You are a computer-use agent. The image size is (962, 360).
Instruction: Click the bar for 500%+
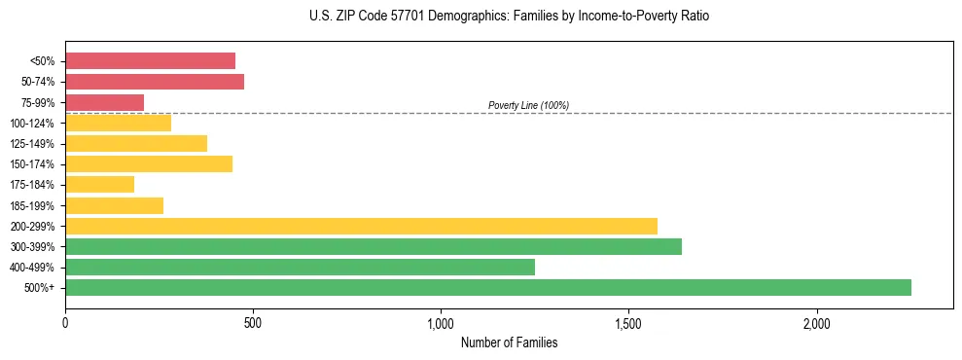click(x=488, y=287)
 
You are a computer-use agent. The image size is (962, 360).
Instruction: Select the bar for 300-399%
click(x=374, y=246)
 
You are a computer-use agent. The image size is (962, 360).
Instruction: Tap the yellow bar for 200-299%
click(x=361, y=226)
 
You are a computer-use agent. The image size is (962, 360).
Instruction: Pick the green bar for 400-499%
click(x=300, y=267)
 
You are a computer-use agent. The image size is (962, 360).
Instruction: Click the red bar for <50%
click(x=150, y=61)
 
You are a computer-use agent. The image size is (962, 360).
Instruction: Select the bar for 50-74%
click(x=155, y=82)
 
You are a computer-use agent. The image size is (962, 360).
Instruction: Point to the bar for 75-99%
click(x=104, y=102)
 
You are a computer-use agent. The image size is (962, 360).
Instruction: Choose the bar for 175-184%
click(x=99, y=185)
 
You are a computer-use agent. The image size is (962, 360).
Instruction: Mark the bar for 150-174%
click(x=149, y=164)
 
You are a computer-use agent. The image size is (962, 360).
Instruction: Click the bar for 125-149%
click(x=136, y=144)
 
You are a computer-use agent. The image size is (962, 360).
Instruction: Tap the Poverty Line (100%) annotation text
click(x=528, y=105)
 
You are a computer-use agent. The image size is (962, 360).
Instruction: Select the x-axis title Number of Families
click(x=509, y=342)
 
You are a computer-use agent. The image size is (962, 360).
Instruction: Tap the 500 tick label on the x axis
click(x=253, y=323)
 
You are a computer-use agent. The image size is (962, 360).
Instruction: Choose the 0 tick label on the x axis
click(x=65, y=323)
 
